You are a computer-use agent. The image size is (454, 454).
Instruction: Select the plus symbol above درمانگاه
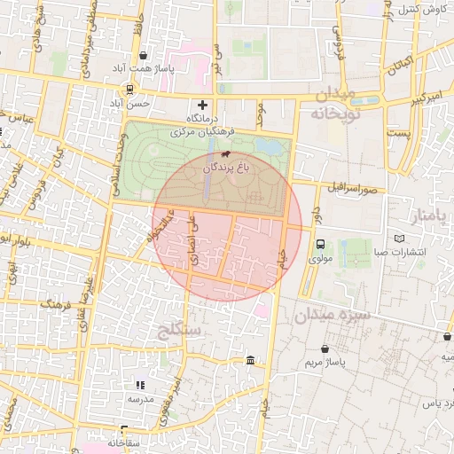(x=203, y=106)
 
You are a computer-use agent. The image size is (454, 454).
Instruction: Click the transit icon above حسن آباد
(x=130, y=89)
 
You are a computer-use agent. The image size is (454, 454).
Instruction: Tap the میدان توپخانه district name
(x=333, y=104)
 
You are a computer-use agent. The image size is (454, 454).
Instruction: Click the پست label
(x=402, y=132)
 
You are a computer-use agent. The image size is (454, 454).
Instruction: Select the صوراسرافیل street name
(x=352, y=188)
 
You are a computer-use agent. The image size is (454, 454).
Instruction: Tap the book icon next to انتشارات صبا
(x=398, y=239)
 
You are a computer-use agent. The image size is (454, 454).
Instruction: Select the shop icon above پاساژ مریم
(x=327, y=348)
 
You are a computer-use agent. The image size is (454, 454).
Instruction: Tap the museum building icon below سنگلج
(x=250, y=361)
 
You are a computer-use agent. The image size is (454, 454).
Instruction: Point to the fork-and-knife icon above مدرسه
(x=139, y=385)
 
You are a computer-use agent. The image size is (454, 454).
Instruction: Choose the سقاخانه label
(x=126, y=442)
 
